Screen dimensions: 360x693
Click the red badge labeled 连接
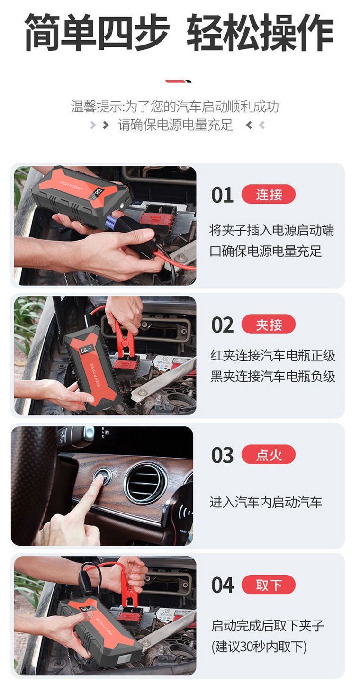pyautogui.click(x=269, y=194)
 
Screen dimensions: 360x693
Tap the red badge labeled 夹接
pyautogui.click(x=269, y=324)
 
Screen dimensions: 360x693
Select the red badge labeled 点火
pyautogui.click(x=269, y=454)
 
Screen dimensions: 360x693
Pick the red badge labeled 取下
pyautogui.click(x=269, y=585)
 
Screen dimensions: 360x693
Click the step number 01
pyautogui.click(x=222, y=195)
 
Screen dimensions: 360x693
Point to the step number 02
pyautogui.click(x=222, y=325)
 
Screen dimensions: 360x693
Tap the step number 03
pyautogui.click(x=222, y=455)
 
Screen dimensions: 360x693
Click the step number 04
pyautogui.click(x=222, y=585)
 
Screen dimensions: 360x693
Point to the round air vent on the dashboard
pyautogui.click(x=145, y=483)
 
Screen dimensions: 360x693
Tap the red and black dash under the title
pyautogui.click(x=178, y=81)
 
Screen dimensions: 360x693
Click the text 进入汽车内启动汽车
pyautogui.click(x=266, y=502)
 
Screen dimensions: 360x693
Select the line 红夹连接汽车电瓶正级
pyautogui.click(x=273, y=355)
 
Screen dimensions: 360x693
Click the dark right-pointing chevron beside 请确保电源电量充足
pyautogui.click(x=106, y=125)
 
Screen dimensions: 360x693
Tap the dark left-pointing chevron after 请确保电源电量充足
pyautogui.click(x=249, y=125)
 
